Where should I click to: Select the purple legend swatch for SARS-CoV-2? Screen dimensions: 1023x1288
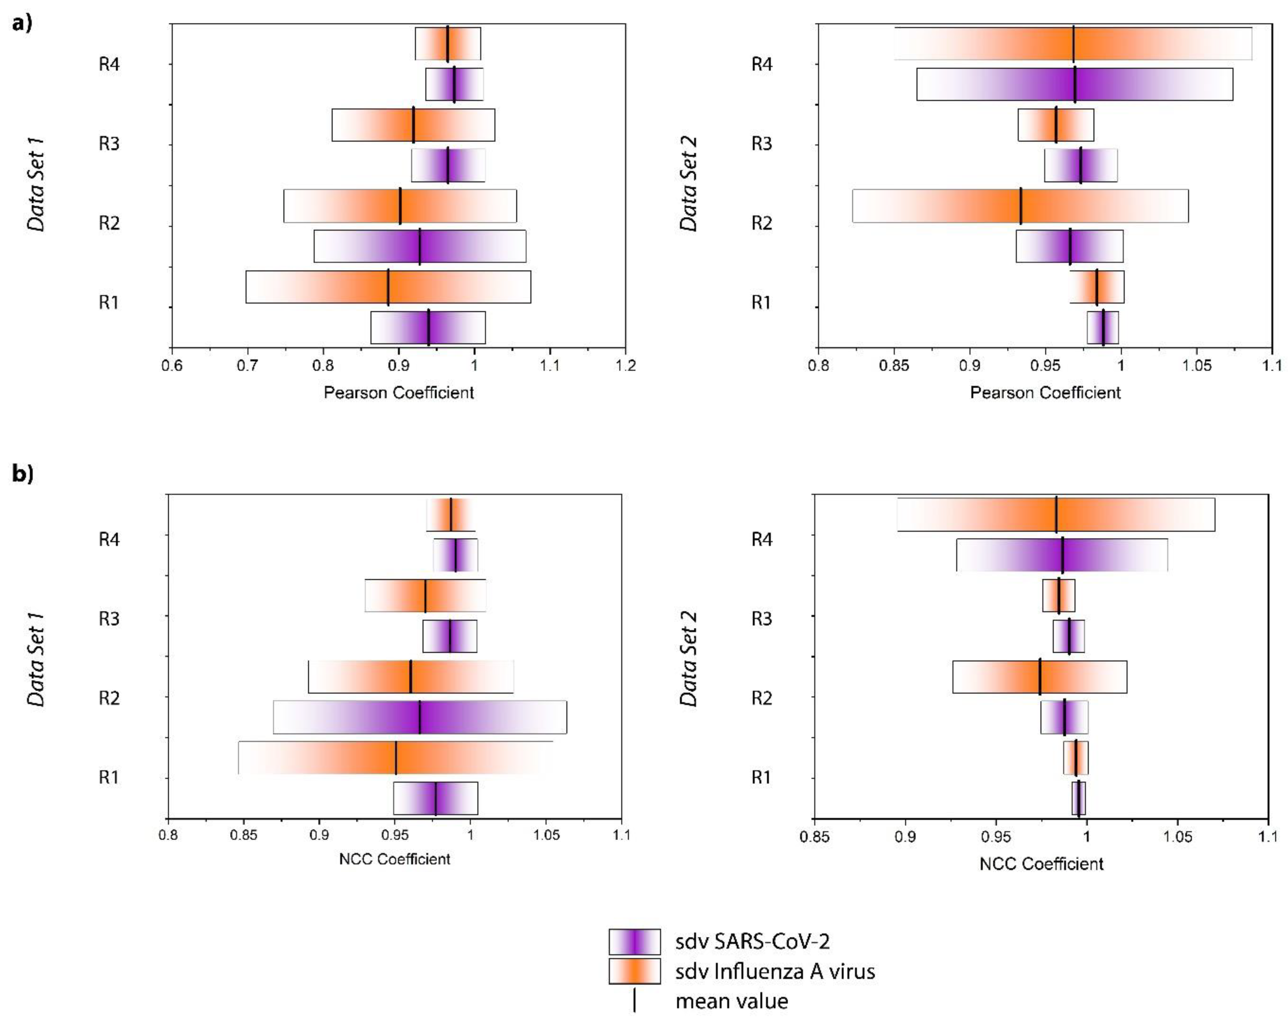tap(634, 942)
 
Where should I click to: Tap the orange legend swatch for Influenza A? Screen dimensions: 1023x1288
tap(634, 971)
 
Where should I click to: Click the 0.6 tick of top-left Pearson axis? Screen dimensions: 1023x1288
tap(172, 365)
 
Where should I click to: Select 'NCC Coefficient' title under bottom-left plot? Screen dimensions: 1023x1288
tap(394, 859)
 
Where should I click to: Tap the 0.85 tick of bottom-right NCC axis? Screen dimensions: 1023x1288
tap(814, 836)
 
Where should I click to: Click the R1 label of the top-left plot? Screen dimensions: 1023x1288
tap(109, 303)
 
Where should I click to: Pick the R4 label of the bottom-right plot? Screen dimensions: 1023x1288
tap(761, 539)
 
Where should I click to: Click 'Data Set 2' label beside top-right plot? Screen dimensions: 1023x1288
tap(689, 184)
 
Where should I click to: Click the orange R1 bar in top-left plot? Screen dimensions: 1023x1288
tap(388, 287)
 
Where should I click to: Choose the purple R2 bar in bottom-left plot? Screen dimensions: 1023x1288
tap(419, 717)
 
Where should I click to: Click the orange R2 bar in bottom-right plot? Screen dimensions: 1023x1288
tap(1040, 677)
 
